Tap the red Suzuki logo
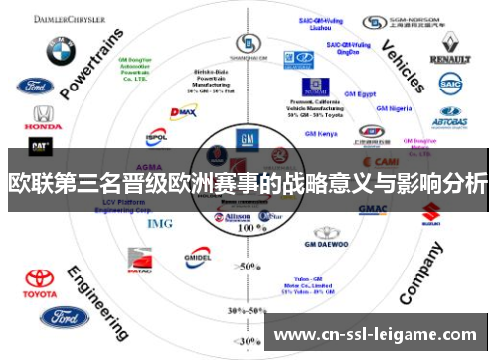click(431, 212)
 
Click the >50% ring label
click(244, 266)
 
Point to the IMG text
click(160, 223)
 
